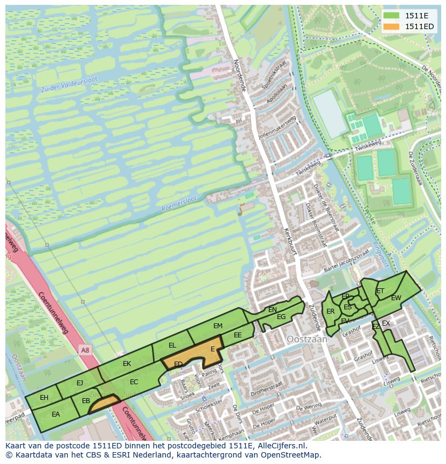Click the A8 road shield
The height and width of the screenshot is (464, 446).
click(x=85, y=350)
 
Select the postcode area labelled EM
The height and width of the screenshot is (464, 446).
click(x=218, y=326)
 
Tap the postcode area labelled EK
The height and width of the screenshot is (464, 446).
click(x=127, y=364)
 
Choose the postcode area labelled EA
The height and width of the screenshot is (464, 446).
click(x=55, y=414)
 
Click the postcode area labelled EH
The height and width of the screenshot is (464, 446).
click(x=44, y=398)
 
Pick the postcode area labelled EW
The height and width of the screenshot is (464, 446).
click(x=396, y=298)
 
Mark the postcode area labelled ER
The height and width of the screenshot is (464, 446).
click(x=330, y=311)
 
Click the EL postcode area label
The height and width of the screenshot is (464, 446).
click(x=172, y=345)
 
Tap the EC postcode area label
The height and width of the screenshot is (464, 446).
click(x=134, y=382)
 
